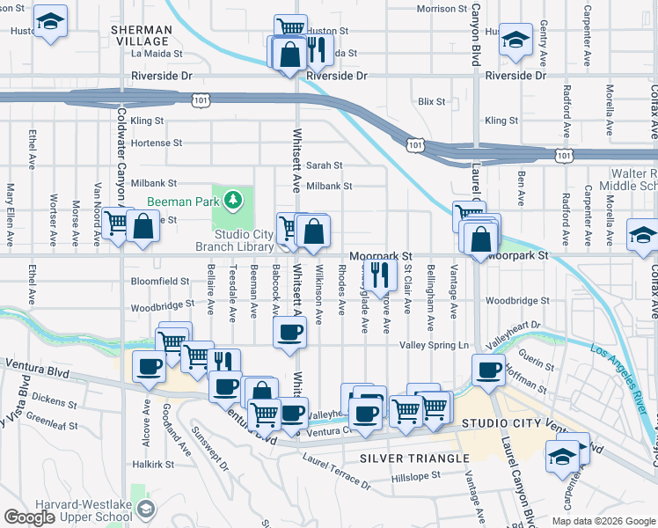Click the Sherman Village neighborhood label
pyautogui.click(x=140, y=35)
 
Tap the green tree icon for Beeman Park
pyautogui.click(x=232, y=201)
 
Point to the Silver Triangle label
pyautogui.click(x=414, y=458)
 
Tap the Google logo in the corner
pyautogui.click(x=31, y=517)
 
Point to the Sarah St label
pyautogui.click(x=324, y=165)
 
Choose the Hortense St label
pyautogui.click(x=156, y=143)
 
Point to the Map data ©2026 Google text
pyautogui.click(x=603, y=521)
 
